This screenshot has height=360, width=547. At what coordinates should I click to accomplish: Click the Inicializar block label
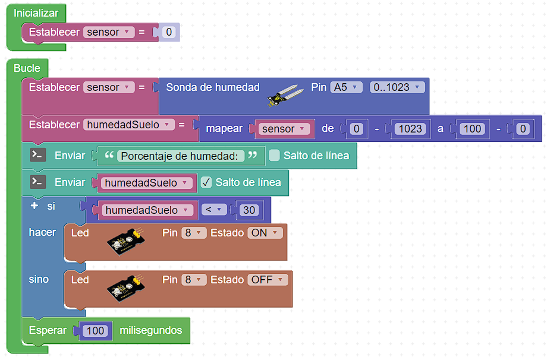coord(36,13)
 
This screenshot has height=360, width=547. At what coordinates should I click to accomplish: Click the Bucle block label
coord(27,68)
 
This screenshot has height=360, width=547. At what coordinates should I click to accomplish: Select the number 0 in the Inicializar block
coord(169,32)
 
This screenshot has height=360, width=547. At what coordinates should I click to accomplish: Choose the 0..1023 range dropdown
coord(397,87)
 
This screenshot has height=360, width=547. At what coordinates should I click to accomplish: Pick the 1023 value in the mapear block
coord(410,129)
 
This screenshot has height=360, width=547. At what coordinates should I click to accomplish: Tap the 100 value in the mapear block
coord(472,129)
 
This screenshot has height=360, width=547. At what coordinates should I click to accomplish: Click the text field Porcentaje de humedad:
coord(181,156)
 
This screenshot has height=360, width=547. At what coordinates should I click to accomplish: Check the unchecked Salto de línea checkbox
coord(274,156)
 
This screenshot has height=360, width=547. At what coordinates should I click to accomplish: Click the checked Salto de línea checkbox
coord(206,182)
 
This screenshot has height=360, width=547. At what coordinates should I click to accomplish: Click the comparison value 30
coord(249,210)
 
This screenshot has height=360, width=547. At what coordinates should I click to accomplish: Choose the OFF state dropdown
coord(268,280)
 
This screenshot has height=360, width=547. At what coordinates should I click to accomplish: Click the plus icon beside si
coord(34,206)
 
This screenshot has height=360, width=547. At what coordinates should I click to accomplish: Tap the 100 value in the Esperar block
coord(95,331)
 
